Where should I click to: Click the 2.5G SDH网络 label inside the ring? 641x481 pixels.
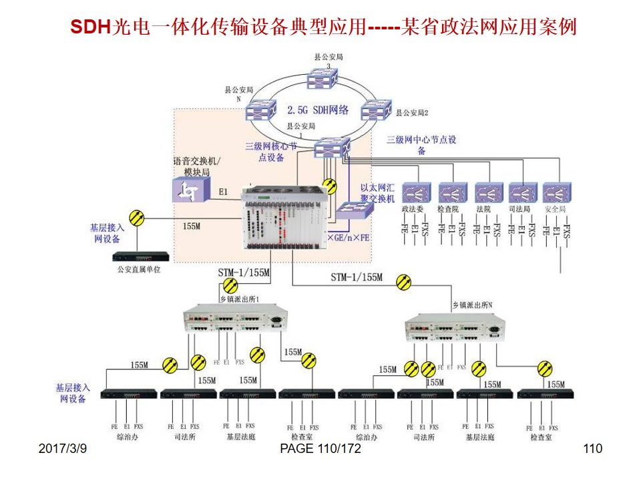pyautogui.click(x=318, y=110)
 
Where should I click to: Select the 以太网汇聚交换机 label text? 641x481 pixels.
pyautogui.click(x=378, y=194)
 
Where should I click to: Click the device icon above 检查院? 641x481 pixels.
pyautogui.click(x=452, y=193)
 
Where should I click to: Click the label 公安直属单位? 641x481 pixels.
pyautogui.click(x=139, y=270)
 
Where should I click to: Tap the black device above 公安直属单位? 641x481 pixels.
pyautogui.click(x=139, y=256)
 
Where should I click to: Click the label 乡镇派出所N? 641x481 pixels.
pyautogui.click(x=473, y=305)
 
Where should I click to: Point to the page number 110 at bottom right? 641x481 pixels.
pyautogui.click(x=592, y=449)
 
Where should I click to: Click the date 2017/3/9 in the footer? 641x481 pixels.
pyautogui.click(x=63, y=449)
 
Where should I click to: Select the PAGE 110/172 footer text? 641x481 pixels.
pyautogui.click(x=320, y=449)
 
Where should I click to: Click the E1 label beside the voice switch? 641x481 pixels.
pyautogui.click(x=224, y=192)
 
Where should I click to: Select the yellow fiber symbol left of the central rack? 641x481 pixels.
pyautogui.click(x=136, y=217)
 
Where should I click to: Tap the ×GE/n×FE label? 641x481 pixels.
pyautogui.click(x=348, y=238)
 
